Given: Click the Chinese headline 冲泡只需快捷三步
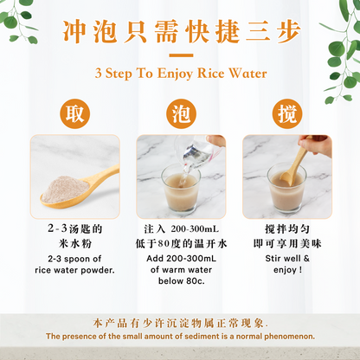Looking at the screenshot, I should coord(180,32).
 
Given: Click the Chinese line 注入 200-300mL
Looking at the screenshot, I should coord(181,230).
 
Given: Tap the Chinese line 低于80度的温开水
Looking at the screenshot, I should coord(181,243).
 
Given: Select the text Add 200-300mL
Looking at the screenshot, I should coord(181,258).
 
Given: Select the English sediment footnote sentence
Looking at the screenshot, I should coord(180,335).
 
